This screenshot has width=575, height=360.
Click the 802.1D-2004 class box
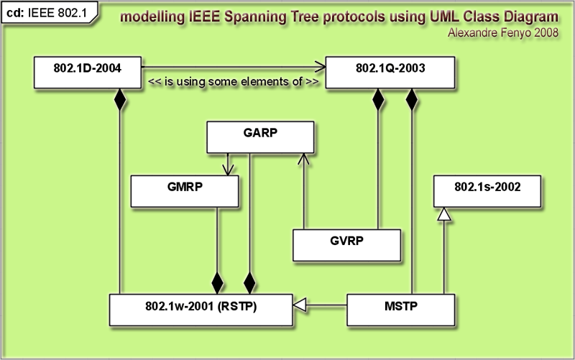click(87, 73)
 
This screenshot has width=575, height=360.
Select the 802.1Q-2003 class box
click(390, 73)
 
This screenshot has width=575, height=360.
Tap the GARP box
click(260, 137)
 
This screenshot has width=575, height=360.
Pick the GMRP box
click(185, 191)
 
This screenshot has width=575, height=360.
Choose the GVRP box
click(346, 245)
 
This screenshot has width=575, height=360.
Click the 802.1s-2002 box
click(487, 191)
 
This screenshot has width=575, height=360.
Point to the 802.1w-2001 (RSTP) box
click(201, 310)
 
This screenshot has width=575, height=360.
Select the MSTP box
click(401, 310)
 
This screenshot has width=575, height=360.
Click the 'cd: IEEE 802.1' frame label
click(47, 13)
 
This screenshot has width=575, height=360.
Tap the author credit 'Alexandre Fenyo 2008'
click(502, 32)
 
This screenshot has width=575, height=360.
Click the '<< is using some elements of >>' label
click(233, 81)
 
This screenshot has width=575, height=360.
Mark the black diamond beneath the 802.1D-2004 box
click(120, 99)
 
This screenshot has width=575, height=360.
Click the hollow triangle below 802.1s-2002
click(444, 214)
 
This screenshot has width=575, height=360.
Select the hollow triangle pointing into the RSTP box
click(300, 305)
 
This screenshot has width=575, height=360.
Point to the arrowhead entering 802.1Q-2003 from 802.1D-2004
click(320, 67)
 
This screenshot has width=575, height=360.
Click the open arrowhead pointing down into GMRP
click(228, 170)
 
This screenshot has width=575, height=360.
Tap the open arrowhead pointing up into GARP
click(303, 159)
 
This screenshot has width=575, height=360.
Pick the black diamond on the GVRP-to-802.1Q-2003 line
click(378, 99)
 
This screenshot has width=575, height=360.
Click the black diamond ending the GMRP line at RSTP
click(217, 283)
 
